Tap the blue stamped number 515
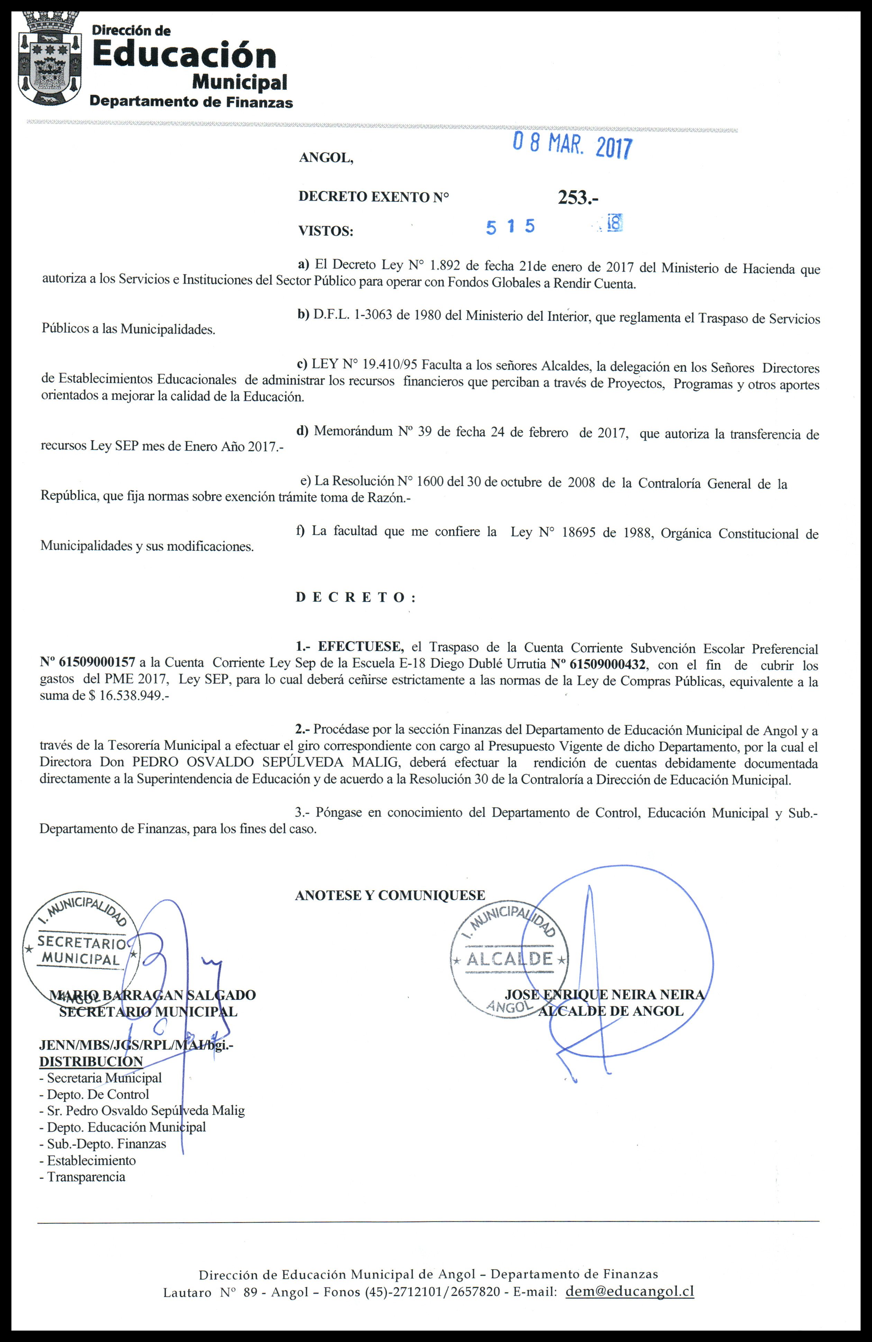click(510, 227)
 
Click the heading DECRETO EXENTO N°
click(373, 197)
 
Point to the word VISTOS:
click(326, 231)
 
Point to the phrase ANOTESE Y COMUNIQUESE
click(390, 895)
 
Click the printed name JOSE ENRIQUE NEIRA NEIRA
click(604, 995)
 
